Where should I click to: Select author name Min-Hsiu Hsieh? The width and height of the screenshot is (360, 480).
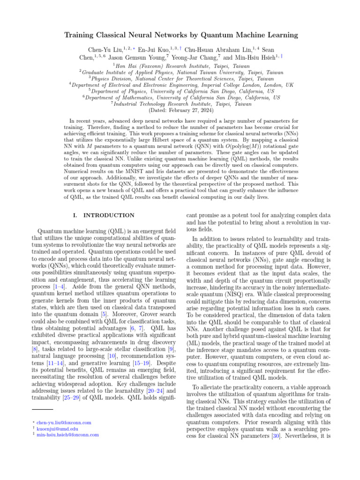click(x=253, y=58)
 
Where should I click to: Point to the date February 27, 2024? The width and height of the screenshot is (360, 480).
click(x=190, y=110)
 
